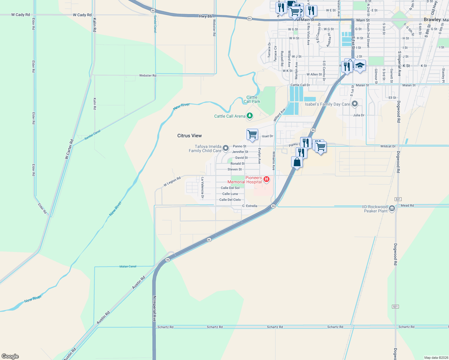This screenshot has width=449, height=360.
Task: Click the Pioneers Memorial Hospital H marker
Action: (x=266, y=180)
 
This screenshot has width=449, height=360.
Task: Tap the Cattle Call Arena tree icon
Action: (x=249, y=116)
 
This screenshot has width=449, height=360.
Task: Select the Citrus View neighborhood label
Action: (x=189, y=136)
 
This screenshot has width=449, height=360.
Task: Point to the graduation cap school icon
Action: (x=360, y=66)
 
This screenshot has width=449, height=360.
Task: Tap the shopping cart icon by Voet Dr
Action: (x=252, y=134)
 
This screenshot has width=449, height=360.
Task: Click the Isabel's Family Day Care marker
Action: (x=355, y=104)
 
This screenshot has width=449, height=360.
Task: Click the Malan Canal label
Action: (x=128, y=266)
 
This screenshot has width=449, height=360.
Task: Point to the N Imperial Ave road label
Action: (x=154, y=309)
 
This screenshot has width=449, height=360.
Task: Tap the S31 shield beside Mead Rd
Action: (x=398, y=199)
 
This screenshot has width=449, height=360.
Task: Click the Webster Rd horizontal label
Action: (x=148, y=76)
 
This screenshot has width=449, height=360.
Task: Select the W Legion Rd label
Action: (x=172, y=181)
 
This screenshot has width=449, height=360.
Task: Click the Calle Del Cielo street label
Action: (x=230, y=200)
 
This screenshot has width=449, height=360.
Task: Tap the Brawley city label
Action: (x=432, y=19)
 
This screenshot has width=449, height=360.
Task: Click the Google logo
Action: (x=10, y=356)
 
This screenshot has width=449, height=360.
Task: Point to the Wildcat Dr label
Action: (x=388, y=146)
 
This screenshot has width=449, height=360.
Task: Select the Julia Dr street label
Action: (x=359, y=115)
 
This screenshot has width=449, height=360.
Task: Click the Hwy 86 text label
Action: (x=205, y=16)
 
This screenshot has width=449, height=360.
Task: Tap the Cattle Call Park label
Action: (x=252, y=99)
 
